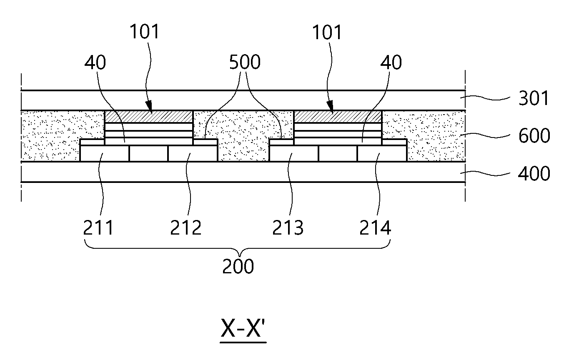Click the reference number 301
point(534,98)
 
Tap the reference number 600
point(534,136)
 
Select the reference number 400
point(534,174)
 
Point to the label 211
point(98,227)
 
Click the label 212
point(185,228)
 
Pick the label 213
point(288,228)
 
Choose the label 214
point(375,228)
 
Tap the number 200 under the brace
point(238,266)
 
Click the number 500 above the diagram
point(245,62)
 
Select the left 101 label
point(145,32)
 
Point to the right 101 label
point(327,32)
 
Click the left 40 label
point(95,62)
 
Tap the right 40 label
point(391,62)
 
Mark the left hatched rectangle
point(149,117)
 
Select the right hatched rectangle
point(338,117)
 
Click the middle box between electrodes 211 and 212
point(148,153)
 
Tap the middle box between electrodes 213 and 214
point(338,153)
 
